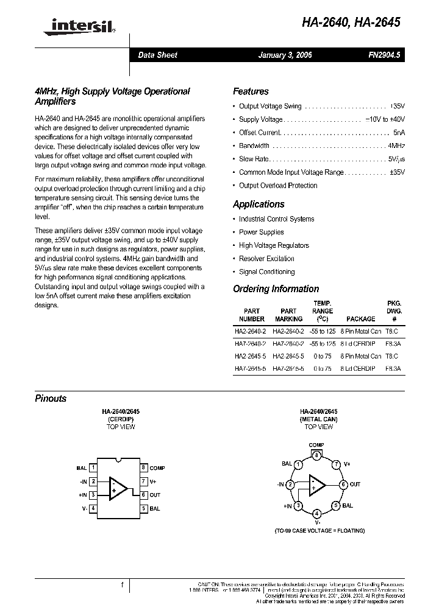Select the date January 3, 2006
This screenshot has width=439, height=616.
[285, 55]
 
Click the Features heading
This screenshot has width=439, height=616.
[251, 91]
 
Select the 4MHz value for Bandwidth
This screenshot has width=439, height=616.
[396, 146]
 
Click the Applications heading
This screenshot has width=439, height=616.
[259, 205]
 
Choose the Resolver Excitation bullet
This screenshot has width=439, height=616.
[266, 259]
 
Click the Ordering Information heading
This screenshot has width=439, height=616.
[276, 289]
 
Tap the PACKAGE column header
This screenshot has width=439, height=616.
[360, 319]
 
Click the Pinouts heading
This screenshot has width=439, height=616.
[51, 399]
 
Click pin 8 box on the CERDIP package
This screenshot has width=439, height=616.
[144, 467]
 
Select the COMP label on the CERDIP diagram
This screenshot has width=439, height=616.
[157, 468]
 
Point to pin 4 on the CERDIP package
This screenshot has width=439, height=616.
[93, 508]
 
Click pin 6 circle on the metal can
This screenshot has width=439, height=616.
[343, 485]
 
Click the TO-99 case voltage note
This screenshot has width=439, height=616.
[319, 531]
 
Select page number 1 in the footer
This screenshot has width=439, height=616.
[122, 586]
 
